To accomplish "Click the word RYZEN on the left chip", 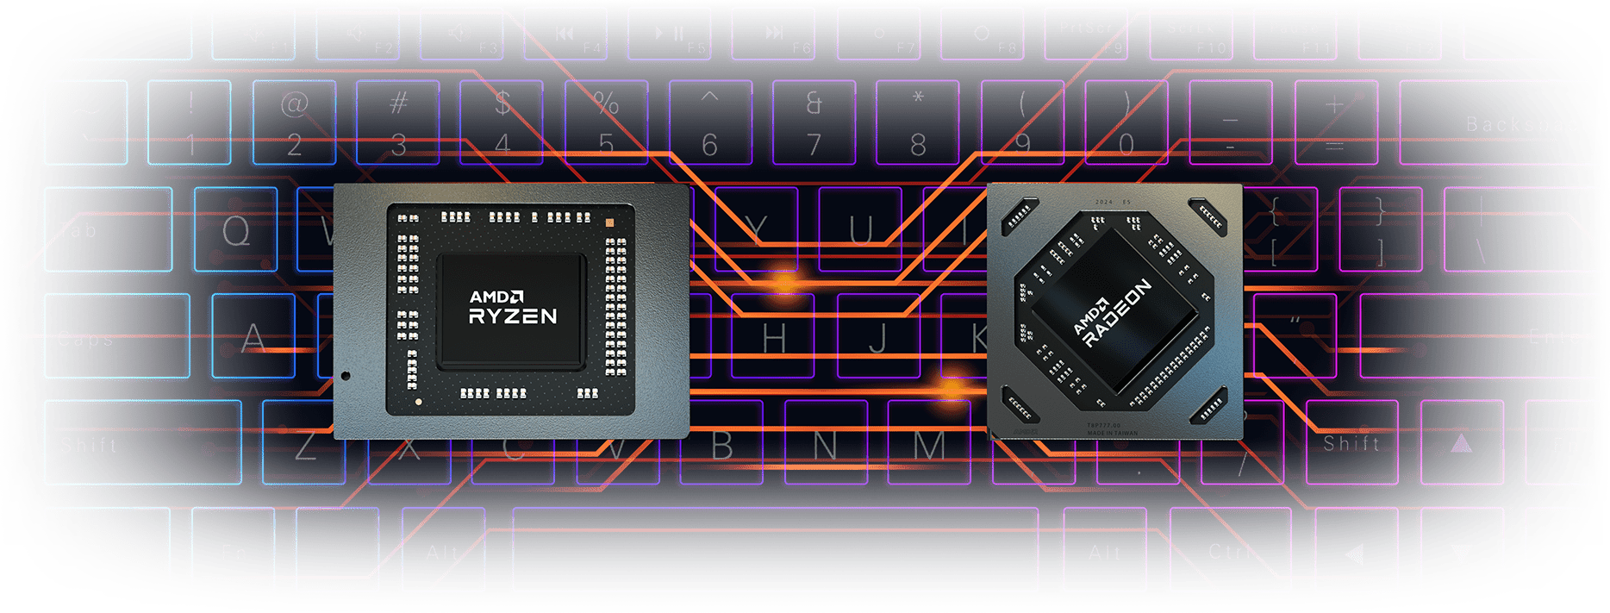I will click(513, 316).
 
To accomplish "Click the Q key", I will click(235, 229).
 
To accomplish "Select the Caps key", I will click(116, 336).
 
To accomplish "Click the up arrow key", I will click(1460, 443).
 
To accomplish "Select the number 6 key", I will click(709, 122).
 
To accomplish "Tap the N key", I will click(825, 444).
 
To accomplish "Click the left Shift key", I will click(142, 443).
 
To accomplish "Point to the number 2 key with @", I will click(294, 122).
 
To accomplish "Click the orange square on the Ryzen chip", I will click(609, 222).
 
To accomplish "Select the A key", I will click(253, 336).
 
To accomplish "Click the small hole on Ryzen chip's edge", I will click(346, 376).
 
